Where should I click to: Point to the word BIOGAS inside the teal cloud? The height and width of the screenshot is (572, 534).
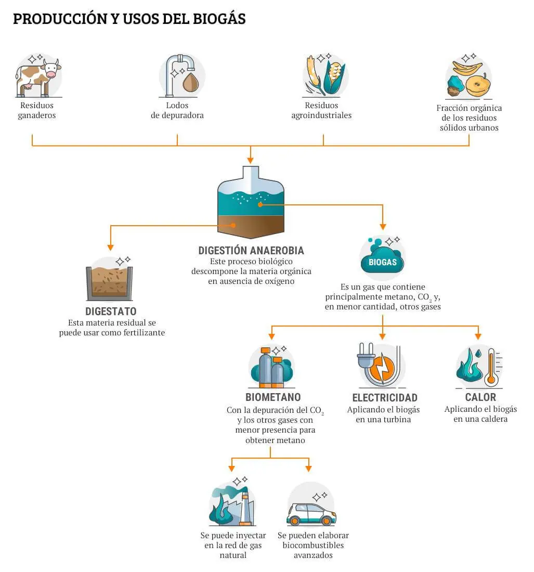pos(382,262)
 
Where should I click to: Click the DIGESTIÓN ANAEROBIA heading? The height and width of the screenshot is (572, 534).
pos(251,250)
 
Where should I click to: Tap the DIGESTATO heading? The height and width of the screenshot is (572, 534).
pos(111,311)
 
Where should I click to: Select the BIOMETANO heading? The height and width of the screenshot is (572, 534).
pos(273,397)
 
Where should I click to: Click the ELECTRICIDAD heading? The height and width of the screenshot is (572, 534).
pos(384,397)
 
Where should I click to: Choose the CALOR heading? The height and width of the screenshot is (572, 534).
pos(480,397)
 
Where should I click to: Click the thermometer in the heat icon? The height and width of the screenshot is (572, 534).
pos(491,367)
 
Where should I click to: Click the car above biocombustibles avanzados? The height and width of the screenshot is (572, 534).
pos(311,514)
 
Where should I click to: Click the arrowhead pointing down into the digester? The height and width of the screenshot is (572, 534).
pos(250,160)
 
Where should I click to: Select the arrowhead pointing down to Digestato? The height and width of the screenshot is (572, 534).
pos(111,248)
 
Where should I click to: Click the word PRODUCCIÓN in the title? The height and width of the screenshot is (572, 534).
pos(60,19)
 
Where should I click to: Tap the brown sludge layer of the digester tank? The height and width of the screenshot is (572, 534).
pos(251,225)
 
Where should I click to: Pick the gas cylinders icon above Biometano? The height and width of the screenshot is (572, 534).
pos(272,368)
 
